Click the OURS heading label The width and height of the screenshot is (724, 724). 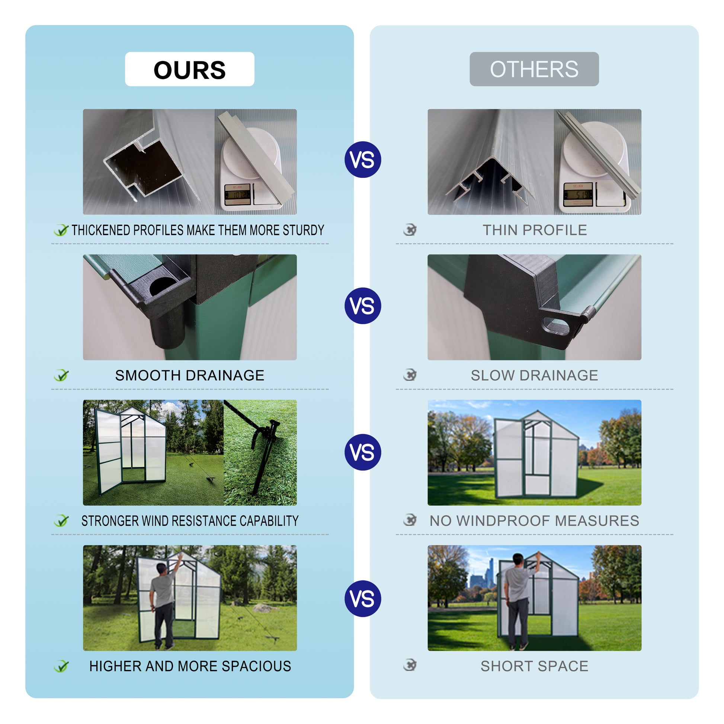[x=189, y=70]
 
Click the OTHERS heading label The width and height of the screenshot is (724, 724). [x=534, y=69]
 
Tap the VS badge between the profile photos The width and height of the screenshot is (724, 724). [x=362, y=160]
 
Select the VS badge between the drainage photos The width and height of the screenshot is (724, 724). [x=362, y=305]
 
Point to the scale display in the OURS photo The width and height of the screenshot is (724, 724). [x=237, y=195]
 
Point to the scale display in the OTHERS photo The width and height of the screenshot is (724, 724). [x=578, y=194]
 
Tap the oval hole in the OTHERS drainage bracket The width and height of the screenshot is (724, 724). [x=556, y=325]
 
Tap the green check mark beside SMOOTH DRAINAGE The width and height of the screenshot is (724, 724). [x=61, y=375]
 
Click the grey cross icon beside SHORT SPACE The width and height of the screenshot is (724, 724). [x=410, y=665]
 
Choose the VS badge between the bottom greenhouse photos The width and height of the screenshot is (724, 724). [x=362, y=599]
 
